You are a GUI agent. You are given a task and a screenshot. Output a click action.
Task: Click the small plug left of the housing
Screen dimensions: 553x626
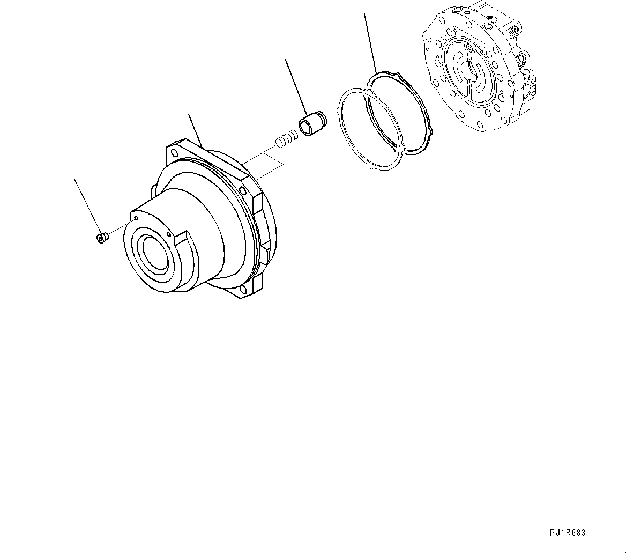pyautogui.click(x=101, y=237)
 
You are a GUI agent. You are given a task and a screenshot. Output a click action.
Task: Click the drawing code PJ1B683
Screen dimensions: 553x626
pyautogui.click(x=568, y=533)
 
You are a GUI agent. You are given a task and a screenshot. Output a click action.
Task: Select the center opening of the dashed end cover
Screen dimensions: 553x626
pyautogui.click(x=472, y=70)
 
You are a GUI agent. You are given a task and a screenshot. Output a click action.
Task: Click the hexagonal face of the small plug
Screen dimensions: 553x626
pyautogui.click(x=99, y=238)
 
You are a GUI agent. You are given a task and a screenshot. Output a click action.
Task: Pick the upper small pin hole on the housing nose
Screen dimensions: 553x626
pyautogui.click(x=137, y=218)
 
